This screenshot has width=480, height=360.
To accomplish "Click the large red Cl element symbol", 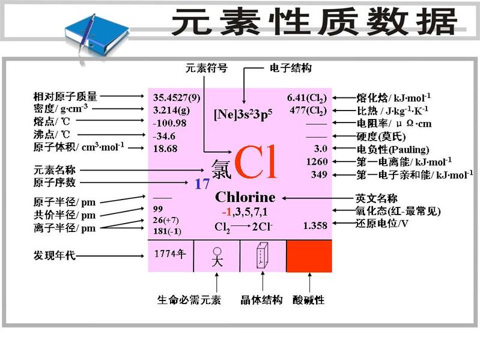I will coord(257,163).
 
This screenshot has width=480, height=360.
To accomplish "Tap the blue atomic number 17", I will coord(202,185).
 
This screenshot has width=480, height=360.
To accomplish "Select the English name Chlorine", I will coord(245,197).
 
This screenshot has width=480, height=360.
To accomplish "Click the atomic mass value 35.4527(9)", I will coord(177,97).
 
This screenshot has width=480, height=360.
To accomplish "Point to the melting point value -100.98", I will coord(169,123).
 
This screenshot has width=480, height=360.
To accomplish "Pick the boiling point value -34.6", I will coord(165,135).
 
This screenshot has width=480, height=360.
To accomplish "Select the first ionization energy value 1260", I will coord(316,162).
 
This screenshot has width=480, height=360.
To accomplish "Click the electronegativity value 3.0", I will coord(320,148).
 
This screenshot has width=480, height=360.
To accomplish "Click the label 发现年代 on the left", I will coord(55,255).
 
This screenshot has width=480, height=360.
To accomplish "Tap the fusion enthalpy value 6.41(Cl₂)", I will coord(307,97).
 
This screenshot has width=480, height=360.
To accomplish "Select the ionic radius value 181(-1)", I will coord(168,231).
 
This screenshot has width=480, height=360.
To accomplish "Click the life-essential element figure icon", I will coord(216,256).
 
